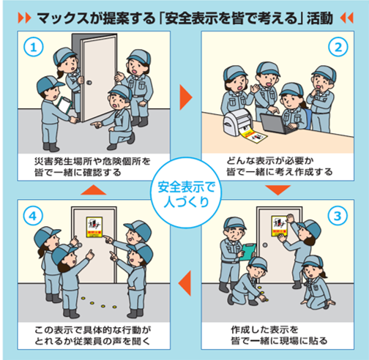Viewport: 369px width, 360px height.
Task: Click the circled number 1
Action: click(x=29, y=46)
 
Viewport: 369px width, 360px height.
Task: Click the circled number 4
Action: click(x=29, y=217)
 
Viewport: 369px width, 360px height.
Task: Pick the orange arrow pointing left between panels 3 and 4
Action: click(x=184, y=278)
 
